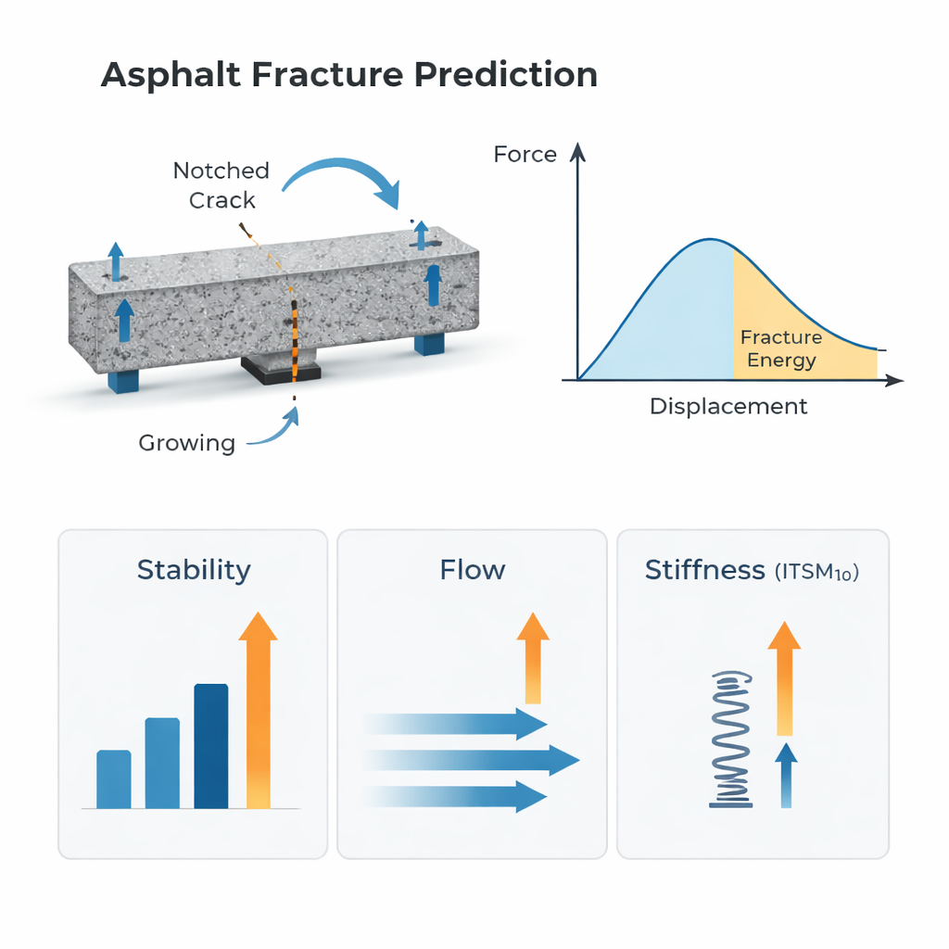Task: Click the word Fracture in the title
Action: click(327, 74)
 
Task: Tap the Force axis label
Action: click(525, 155)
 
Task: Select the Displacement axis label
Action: click(728, 406)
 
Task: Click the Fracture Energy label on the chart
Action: click(781, 348)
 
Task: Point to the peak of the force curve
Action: click(710, 240)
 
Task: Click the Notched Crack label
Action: click(221, 185)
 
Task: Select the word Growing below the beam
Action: click(187, 443)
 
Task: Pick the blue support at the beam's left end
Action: click(123, 380)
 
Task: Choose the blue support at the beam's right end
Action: click(429, 343)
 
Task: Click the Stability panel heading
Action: click(194, 570)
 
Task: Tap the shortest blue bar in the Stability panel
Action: click(114, 778)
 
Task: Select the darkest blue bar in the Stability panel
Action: click(211, 746)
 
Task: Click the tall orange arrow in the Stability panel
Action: click(258, 710)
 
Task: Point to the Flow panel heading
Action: click(472, 570)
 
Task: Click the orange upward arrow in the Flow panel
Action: click(533, 658)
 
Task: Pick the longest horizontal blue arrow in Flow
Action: click(472, 760)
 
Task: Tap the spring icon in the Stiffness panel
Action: click(731, 740)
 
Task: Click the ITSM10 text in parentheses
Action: click(817, 572)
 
